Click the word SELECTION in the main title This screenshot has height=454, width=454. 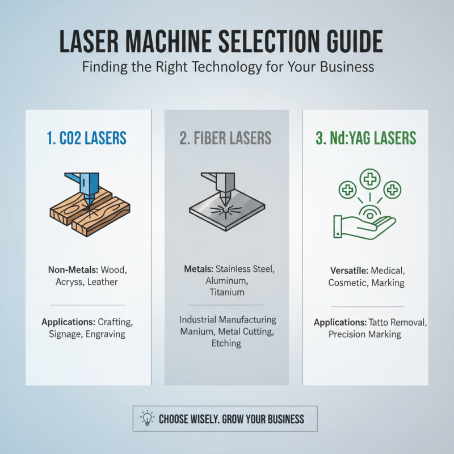(x=250, y=43)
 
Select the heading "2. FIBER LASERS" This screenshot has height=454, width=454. (x=226, y=138)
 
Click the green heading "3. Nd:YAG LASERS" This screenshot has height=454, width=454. (x=365, y=138)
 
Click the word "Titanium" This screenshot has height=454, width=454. (x=226, y=292)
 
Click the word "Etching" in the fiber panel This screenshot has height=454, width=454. (x=226, y=343)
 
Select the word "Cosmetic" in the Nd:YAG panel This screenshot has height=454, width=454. (x=347, y=283)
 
